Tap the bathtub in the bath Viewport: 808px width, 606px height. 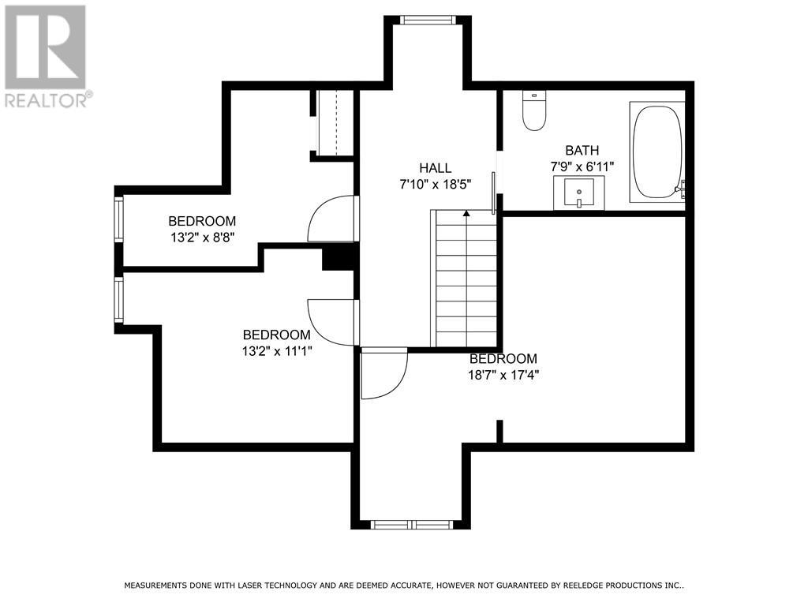[x=656, y=151]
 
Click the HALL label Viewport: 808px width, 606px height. [x=435, y=168]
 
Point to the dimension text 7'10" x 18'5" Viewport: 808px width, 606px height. [x=435, y=184]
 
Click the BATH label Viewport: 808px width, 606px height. [x=582, y=151]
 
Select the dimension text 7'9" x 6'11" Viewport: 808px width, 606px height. [x=582, y=166]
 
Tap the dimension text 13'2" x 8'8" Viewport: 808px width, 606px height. [x=202, y=237]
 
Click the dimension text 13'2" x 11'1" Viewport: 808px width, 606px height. [x=277, y=351]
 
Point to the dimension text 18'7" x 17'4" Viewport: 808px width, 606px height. [x=503, y=375]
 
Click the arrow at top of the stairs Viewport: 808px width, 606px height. [x=466, y=213]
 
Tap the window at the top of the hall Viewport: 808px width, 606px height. [x=427, y=20]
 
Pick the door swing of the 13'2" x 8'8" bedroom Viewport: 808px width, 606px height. [x=330, y=219]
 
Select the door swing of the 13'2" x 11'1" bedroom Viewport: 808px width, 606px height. [x=331, y=321]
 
